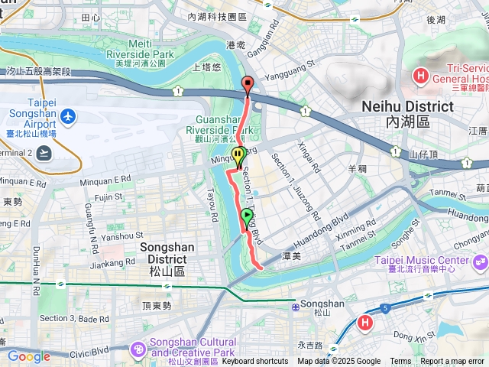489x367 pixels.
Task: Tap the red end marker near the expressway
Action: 247,85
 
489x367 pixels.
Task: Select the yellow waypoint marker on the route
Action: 238,156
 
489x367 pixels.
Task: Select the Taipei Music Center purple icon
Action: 481,263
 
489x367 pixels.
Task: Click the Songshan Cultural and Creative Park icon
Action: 138,349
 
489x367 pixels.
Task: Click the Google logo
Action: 28,356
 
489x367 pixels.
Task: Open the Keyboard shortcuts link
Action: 254,362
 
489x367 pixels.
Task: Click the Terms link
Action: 400,362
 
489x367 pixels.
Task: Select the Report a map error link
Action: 453,362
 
